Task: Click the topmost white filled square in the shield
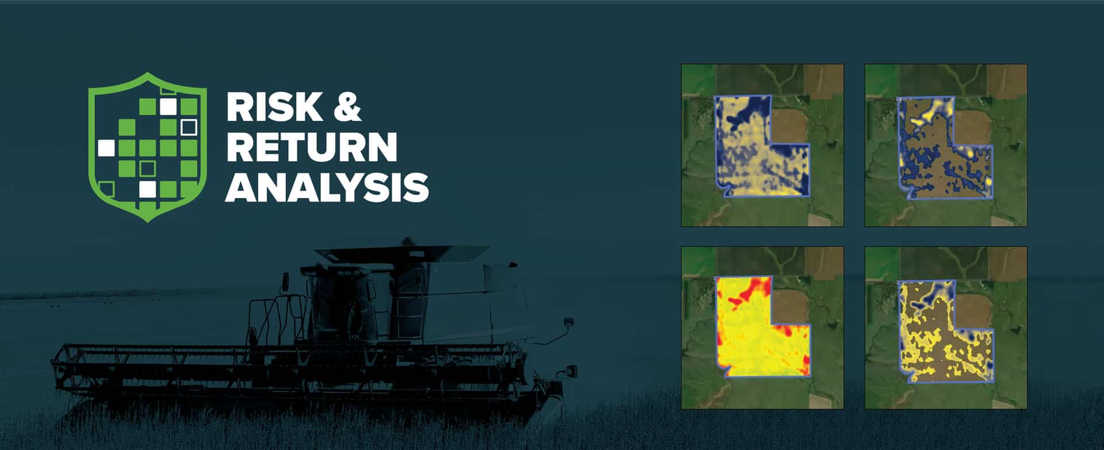click(168, 106)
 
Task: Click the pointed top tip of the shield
click(148, 73)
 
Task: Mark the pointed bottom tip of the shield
click(148, 221)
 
